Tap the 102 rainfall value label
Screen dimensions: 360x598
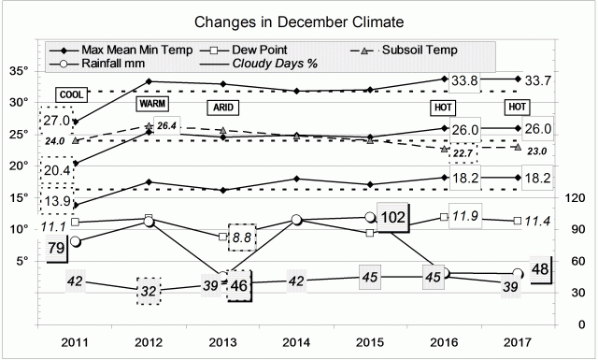coord(394,217)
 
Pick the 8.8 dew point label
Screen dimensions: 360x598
coord(242,238)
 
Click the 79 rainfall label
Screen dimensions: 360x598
coord(56,248)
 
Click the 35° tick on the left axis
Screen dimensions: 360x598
coord(19,70)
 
